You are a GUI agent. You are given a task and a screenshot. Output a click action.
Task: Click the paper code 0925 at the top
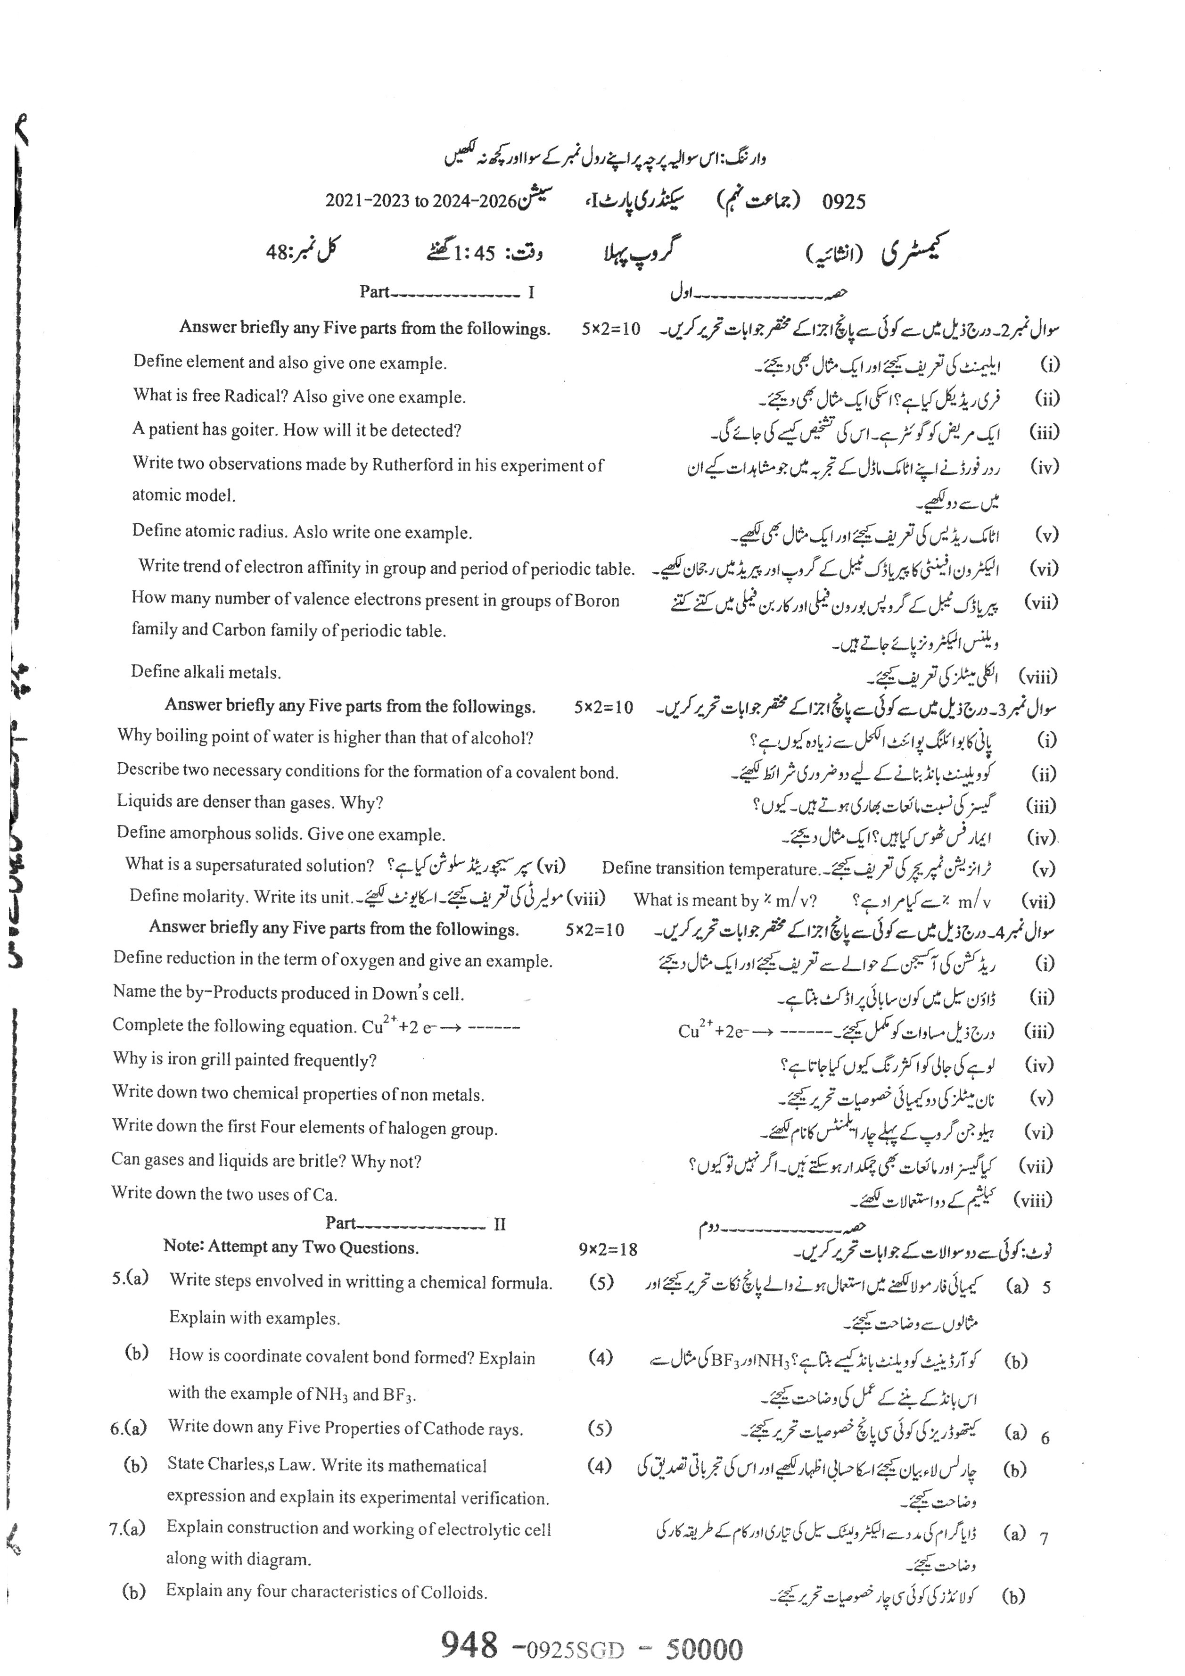point(844,201)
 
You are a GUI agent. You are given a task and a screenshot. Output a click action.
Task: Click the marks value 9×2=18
point(608,1250)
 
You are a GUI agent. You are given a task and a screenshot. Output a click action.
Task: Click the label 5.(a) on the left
point(130,1278)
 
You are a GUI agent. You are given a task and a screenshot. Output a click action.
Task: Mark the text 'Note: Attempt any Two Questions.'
point(291,1247)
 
